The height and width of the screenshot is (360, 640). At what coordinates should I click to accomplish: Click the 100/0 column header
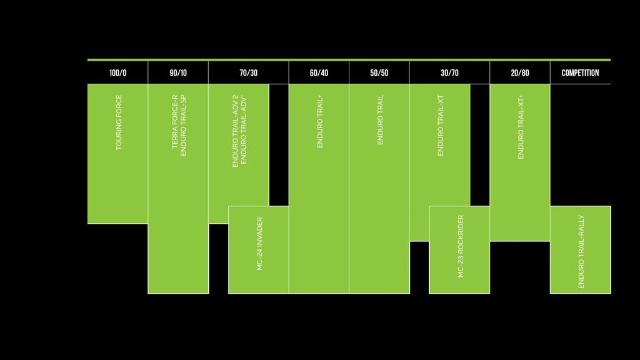(117, 73)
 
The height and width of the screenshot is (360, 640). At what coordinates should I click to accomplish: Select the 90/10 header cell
(177, 73)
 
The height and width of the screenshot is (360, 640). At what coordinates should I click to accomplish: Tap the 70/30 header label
(248, 73)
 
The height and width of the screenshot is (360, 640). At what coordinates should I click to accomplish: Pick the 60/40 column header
(319, 73)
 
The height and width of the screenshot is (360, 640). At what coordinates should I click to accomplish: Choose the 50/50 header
(379, 73)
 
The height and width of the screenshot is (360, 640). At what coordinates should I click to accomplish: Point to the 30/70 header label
(449, 73)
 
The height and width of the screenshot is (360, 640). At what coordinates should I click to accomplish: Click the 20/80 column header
(519, 73)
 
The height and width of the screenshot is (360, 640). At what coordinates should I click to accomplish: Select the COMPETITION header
(580, 73)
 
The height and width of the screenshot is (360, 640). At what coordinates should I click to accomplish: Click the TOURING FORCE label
(119, 122)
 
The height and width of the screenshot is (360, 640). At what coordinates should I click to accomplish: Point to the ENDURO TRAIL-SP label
(183, 126)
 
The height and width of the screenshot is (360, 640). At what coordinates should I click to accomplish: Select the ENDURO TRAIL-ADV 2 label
(235, 131)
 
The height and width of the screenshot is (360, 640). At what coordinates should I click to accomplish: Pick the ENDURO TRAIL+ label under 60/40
(320, 121)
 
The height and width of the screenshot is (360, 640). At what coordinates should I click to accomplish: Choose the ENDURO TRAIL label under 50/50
(380, 120)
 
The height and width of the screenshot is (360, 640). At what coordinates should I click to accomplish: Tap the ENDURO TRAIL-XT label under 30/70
(441, 126)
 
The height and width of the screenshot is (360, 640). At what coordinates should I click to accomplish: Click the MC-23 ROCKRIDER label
(461, 246)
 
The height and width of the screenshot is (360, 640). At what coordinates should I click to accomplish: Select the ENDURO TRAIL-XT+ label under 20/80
(521, 127)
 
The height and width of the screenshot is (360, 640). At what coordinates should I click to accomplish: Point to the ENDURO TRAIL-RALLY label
(581, 251)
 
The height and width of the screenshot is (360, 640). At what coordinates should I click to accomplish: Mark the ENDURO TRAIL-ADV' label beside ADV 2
(244, 131)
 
